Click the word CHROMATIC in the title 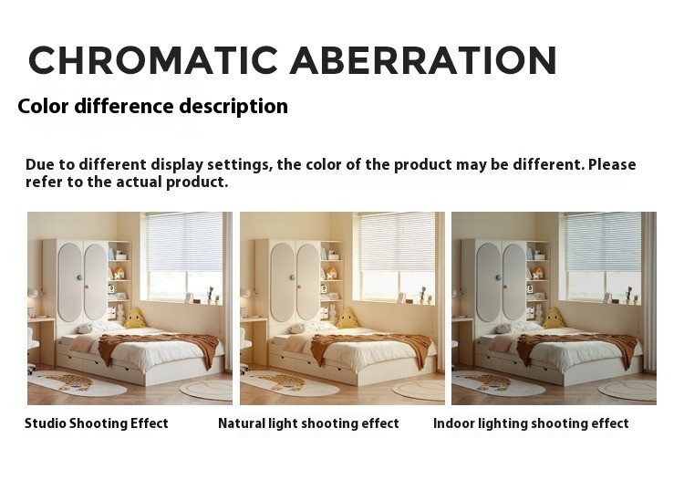(x=153, y=60)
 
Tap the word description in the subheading (x=233, y=107)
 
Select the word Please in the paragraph (x=612, y=165)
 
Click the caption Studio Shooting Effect (x=97, y=423)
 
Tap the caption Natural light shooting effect (x=308, y=423)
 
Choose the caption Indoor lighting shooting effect (x=531, y=423)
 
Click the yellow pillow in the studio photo (x=135, y=318)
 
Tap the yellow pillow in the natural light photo (x=347, y=318)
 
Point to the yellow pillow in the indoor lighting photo (x=554, y=318)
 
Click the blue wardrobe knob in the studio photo (x=79, y=277)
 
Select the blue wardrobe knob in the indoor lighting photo (x=497, y=277)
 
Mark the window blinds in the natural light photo (x=397, y=241)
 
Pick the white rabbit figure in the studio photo (x=120, y=314)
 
